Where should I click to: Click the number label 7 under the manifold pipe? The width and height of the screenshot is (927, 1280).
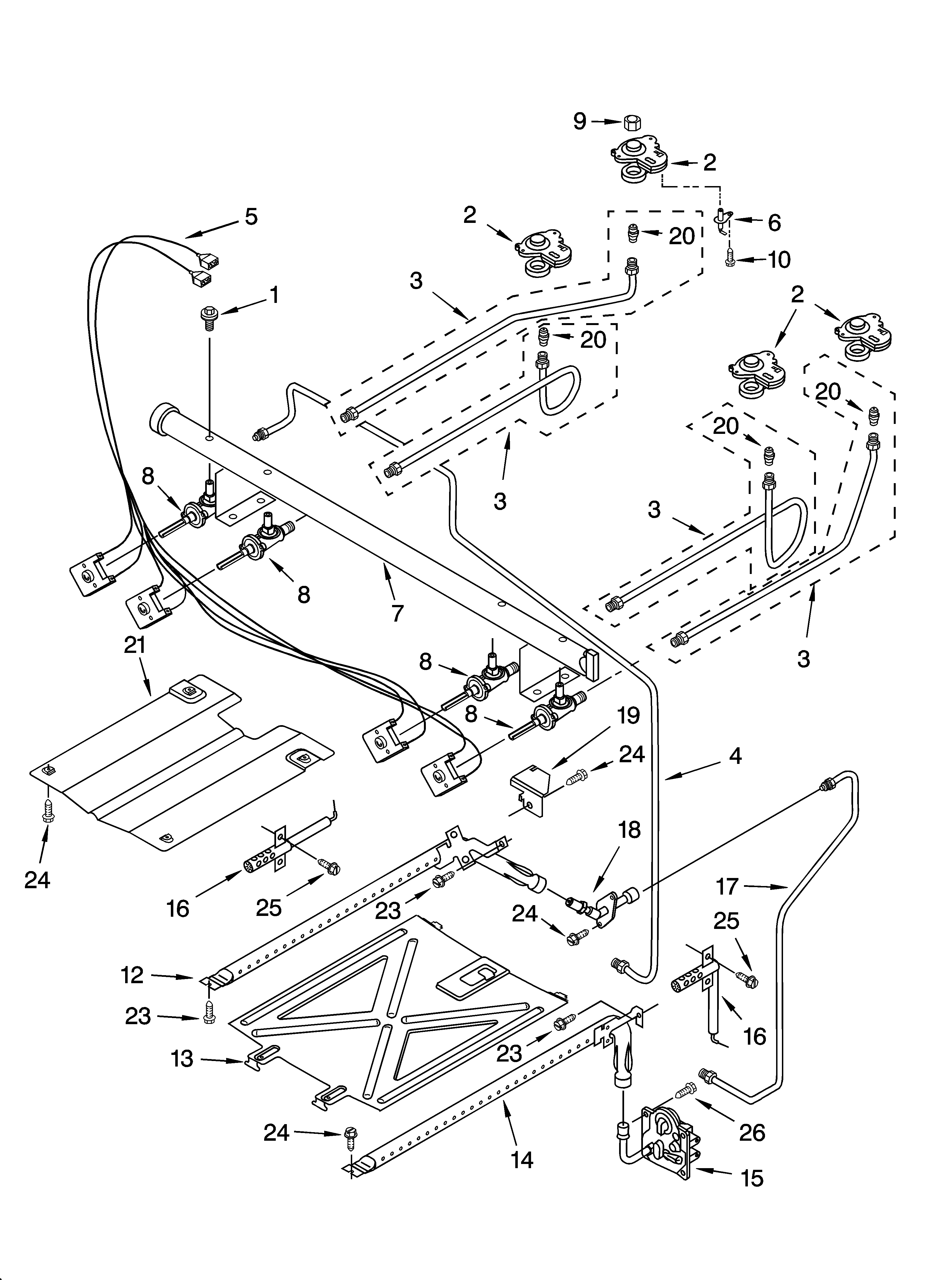pyautogui.click(x=397, y=613)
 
